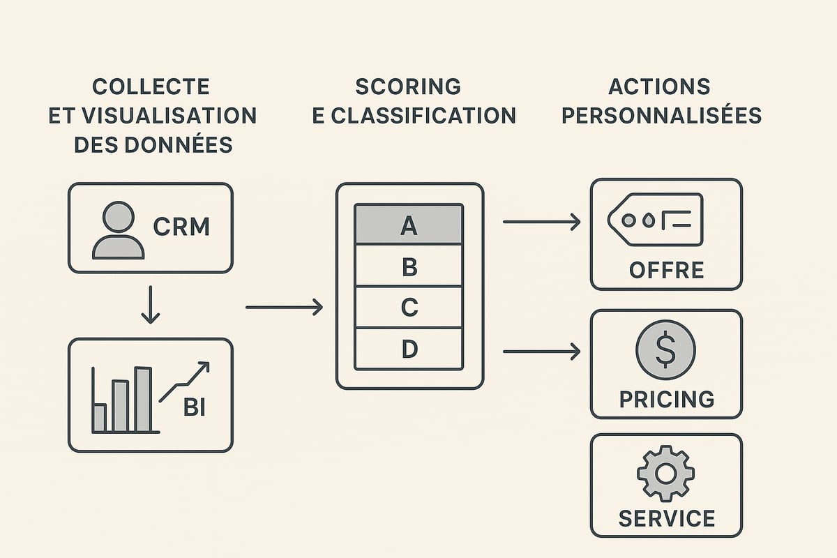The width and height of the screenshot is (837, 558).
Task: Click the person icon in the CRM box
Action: [118, 231]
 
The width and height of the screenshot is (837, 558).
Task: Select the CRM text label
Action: [181, 227]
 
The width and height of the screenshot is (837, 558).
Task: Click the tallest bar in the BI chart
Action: [143, 400]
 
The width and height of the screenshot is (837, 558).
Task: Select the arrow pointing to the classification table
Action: [284, 306]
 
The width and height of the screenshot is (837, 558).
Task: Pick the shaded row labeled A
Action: [409, 225]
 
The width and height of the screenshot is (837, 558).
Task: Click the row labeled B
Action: [409, 266]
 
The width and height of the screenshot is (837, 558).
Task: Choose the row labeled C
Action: [409, 307]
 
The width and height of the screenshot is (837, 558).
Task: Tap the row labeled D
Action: [409, 348]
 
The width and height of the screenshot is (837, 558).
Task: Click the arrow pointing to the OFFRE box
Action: [541, 223]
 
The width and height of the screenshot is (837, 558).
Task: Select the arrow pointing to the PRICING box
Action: [541, 351]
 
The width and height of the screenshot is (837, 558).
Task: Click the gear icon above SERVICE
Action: [665, 474]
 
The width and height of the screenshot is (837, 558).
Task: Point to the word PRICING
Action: [667, 399]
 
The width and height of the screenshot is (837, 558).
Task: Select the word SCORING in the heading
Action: [408, 86]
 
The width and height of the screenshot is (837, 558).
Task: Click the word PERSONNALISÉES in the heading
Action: [661, 115]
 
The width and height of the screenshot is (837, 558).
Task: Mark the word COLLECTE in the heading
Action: [151, 86]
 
